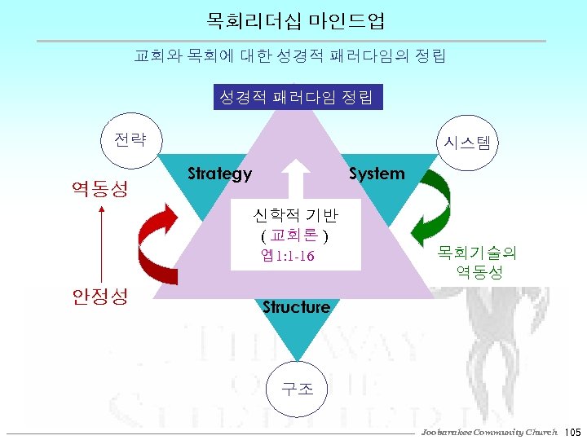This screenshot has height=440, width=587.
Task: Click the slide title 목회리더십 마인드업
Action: (296, 19)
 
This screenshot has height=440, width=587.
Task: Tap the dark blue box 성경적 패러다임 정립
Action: (296, 98)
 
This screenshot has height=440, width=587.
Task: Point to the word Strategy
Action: (219, 174)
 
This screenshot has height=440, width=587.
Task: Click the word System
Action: (377, 174)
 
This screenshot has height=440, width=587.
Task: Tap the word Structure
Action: (296, 307)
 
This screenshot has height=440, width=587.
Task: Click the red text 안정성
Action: (99, 296)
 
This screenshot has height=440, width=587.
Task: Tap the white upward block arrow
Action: (296, 178)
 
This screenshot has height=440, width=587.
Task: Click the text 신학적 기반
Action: (296, 216)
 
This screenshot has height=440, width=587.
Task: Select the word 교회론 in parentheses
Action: (294, 236)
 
